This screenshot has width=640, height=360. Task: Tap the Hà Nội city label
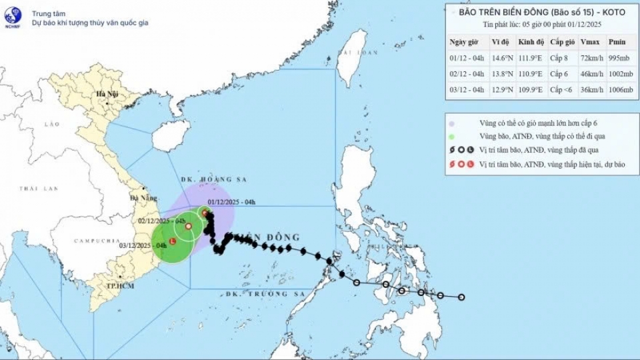106,94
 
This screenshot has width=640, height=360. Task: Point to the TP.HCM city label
119,285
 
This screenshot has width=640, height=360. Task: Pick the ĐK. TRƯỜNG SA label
256,293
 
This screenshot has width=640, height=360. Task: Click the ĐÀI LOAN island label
353,51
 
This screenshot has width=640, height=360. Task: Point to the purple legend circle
452,124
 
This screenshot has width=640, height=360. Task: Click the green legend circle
452,137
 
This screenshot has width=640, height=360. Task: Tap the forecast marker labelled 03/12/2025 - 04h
173,241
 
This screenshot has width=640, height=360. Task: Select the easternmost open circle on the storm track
461,297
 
